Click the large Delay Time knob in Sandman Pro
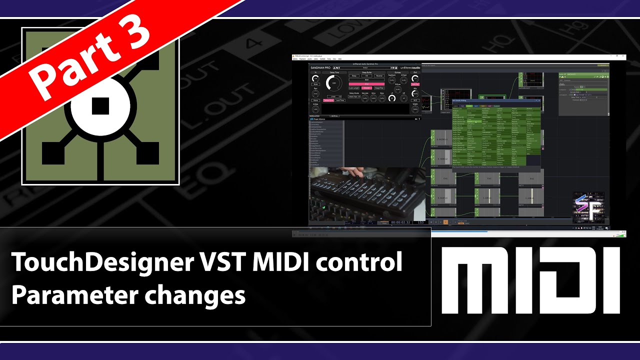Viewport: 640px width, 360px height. pos(334,83)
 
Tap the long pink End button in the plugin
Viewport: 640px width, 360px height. pos(366,83)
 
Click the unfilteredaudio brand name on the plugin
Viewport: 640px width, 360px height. pos(410,67)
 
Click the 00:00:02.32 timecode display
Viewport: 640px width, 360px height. pos(401,222)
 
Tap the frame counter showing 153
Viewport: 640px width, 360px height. pos(420,222)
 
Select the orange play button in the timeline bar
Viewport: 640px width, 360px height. pos(445,222)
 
